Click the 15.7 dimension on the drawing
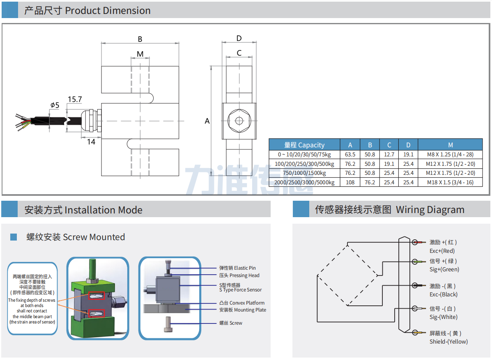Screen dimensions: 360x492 (75, 99)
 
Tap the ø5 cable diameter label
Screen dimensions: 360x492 (55, 105)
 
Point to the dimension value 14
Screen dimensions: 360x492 (91, 142)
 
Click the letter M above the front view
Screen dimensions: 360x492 (140, 54)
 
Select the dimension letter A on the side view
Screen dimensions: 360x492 (207, 121)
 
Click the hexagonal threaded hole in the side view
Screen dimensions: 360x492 (239, 121)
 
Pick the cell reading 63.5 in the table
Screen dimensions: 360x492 (350, 154)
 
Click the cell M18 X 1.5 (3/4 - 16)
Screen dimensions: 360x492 (450, 182)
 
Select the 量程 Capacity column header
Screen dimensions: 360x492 (304, 145)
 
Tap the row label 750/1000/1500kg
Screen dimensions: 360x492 (304, 173)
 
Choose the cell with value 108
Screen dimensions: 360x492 (350, 182)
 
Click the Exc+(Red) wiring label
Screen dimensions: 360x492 (442, 251)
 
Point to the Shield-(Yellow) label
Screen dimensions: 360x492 (448, 342)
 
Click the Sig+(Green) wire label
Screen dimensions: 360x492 (444, 269)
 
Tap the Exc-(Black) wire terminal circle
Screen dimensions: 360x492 (415, 286)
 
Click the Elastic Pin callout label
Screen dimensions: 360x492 (237, 268)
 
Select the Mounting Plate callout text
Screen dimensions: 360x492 (243, 310)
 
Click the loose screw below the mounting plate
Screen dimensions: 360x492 (168, 324)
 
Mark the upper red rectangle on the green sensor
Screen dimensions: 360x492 (97, 296)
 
